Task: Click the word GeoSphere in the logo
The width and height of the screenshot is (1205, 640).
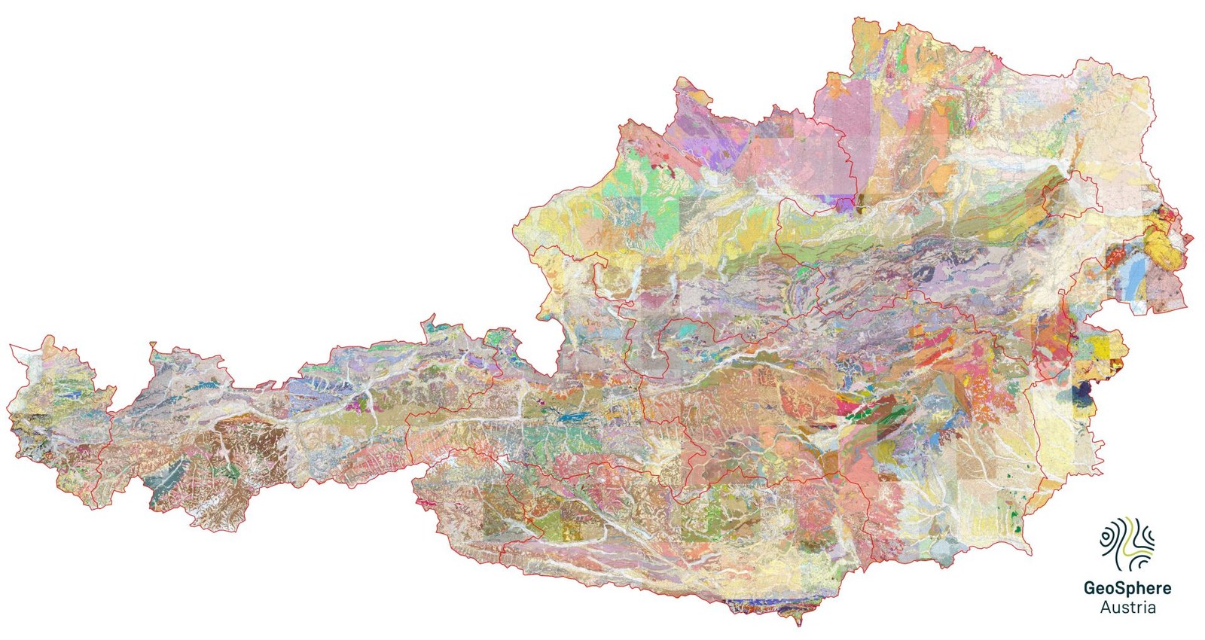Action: pyautogui.click(x=1126, y=587)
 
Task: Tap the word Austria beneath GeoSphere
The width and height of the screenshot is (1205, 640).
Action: pyautogui.click(x=1127, y=607)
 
